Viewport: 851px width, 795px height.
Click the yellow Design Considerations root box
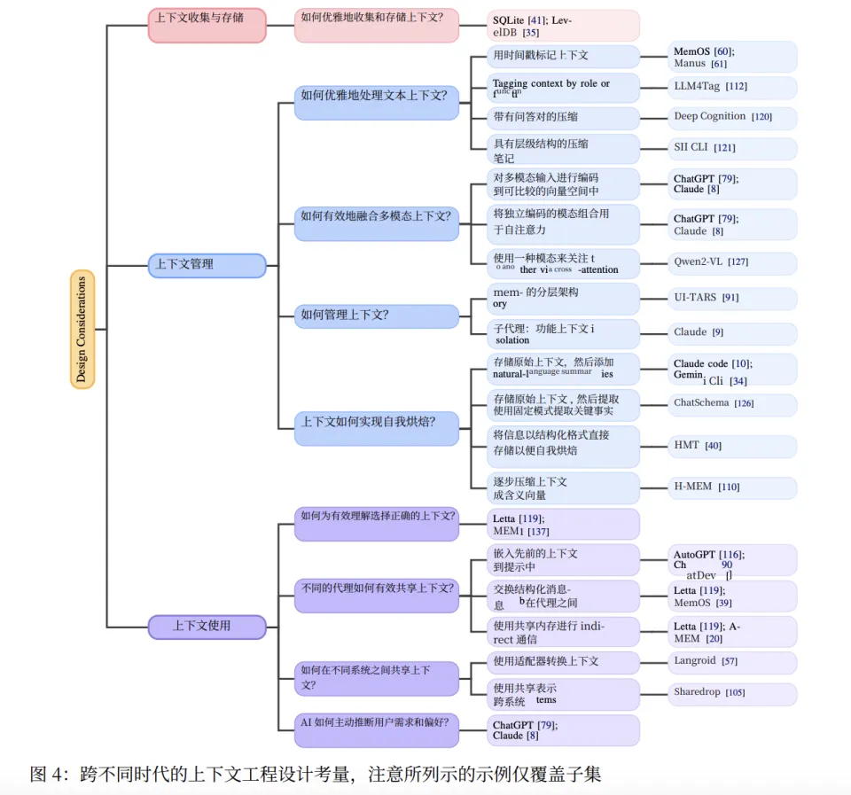tap(82, 329)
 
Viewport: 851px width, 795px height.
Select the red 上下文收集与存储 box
tap(207, 25)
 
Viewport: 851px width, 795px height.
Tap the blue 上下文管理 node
tap(207, 265)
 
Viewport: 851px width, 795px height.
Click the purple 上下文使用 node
tap(207, 627)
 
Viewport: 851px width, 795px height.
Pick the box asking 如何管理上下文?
tap(377, 315)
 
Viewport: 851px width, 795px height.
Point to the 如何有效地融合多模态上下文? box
tap(377, 216)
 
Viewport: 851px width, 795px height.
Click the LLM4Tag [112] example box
tap(731, 87)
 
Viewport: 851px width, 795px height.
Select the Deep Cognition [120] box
tap(731, 117)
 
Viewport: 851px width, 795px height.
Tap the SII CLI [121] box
tap(731, 148)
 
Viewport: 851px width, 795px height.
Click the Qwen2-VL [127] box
tap(731, 262)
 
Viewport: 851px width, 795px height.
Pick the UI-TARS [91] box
tap(731, 298)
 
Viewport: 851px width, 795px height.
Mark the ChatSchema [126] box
tap(731, 403)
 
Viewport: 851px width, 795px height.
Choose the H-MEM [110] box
tap(731, 487)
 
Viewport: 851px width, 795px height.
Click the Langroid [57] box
tap(731, 662)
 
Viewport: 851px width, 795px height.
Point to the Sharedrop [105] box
tap(731, 693)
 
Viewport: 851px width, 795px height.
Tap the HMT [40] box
tap(731, 446)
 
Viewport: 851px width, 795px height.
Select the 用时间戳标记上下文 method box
tap(565, 56)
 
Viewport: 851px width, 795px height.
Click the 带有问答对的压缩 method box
tap(565, 118)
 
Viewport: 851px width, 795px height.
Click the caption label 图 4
tap(49, 774)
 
